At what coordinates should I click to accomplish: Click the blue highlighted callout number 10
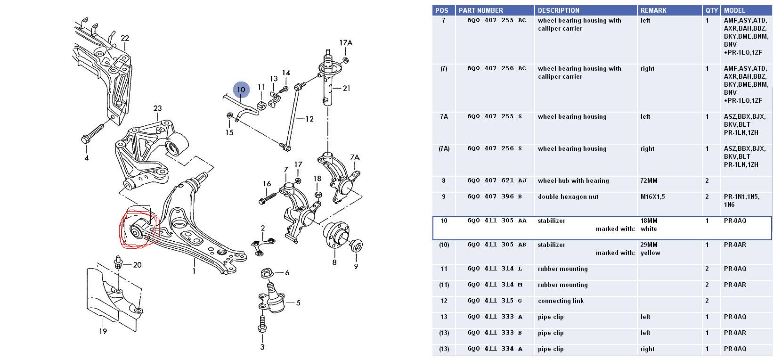pyautogui.click(x=241, y=89)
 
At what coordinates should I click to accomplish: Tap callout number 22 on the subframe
pyautogui.click(x=125, y=38)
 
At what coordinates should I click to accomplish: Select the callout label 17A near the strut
pyautogui.click(x=346, y=43)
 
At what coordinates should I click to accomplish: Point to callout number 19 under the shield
pyautogui.click(x=103, y=331)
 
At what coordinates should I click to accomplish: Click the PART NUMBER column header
pyautogui.click(x=481, y=10)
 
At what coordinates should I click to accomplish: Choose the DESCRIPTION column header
pyautogui.click(x=559, y=10)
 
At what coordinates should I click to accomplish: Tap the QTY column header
pyautogui.click(x=712, y=10)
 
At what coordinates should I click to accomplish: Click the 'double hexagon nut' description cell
pyautogui.click(x=568, y=197)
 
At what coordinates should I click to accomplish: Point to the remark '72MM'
pyautogui.click(x=649, y=181)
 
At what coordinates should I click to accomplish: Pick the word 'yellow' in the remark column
pyautogui.click(x=651, y=253)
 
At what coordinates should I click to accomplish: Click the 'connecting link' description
pyautogui.click(x=561, y=301)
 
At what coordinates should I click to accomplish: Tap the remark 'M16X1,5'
pyautogui.click(x=652, y=197)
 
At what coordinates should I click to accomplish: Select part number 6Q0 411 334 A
pyautogui.click(x=495, y=349)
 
